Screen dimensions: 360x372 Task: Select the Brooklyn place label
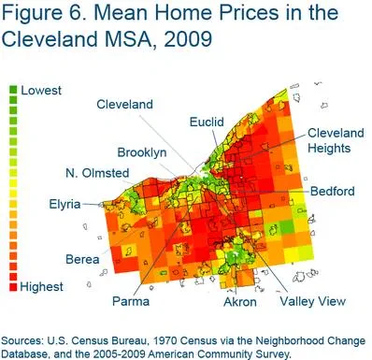coord(142,151)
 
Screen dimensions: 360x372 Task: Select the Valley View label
coord(313,301)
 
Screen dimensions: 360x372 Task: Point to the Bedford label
coord(333,191)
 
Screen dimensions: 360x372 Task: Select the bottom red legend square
coord(14,287)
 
